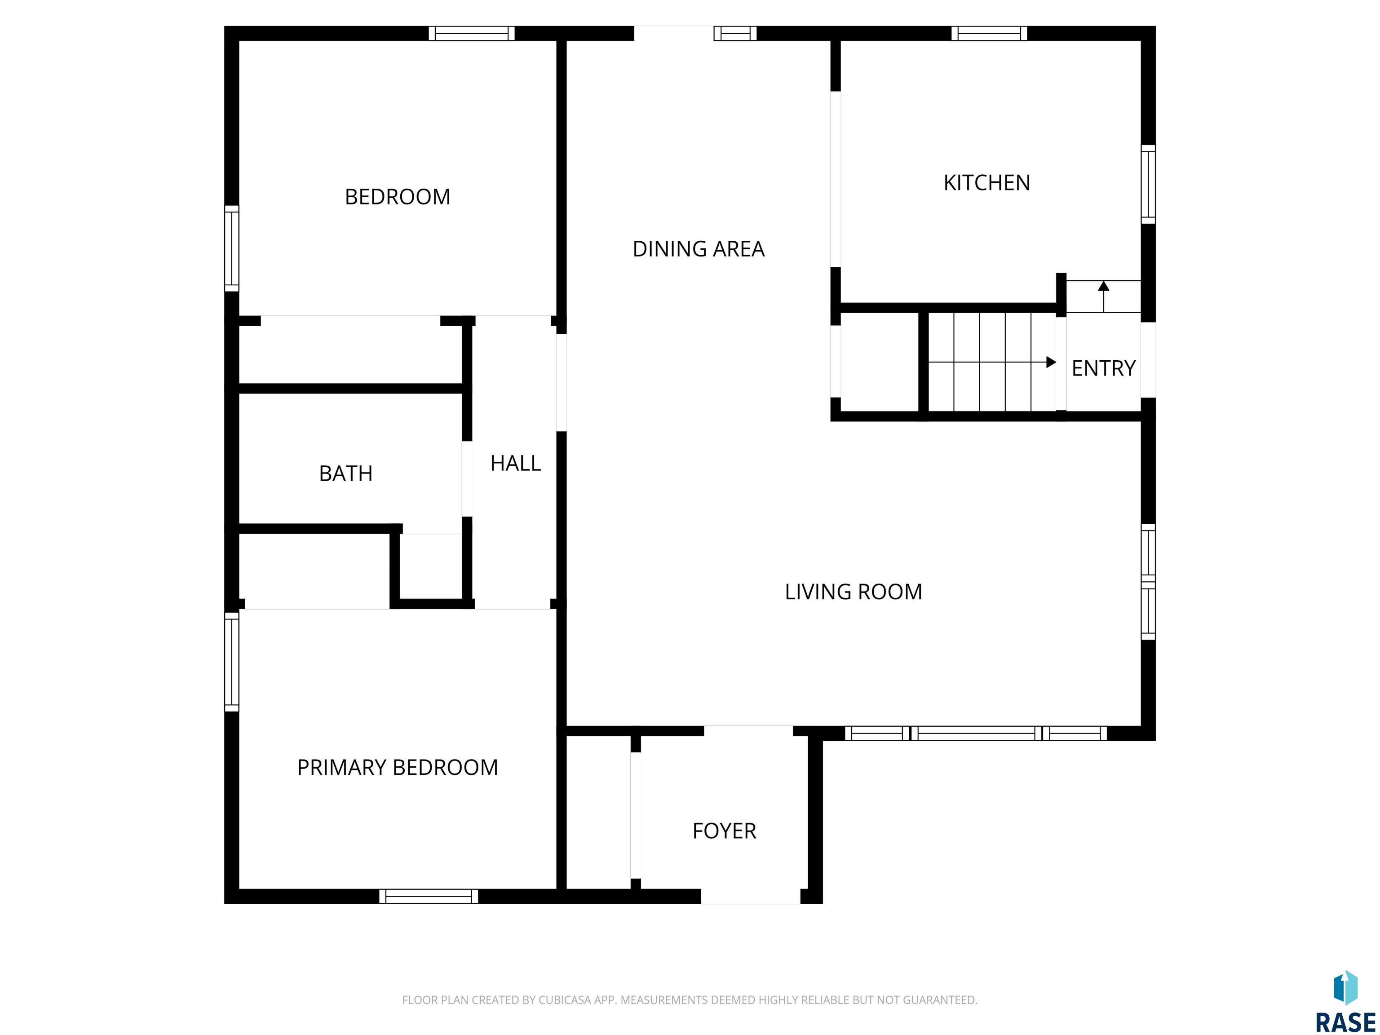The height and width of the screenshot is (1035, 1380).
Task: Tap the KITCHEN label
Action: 986,183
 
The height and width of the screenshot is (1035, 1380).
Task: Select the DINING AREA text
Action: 698,249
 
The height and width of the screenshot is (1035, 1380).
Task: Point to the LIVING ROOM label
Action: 853,592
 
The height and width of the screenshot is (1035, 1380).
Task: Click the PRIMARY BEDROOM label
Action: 398,767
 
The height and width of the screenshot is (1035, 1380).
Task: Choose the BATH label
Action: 345,473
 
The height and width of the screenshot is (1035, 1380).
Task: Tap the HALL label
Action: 515,463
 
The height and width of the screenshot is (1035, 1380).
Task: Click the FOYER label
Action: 724,831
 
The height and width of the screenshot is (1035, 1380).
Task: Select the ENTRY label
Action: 1103,368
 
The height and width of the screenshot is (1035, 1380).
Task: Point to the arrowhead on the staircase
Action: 1051,362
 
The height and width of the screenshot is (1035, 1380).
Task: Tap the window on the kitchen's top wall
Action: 989,33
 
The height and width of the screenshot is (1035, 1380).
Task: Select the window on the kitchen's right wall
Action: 1148,184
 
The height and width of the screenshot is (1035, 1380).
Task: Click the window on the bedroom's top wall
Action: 472,33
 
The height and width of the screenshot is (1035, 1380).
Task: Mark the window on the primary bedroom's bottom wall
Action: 429,897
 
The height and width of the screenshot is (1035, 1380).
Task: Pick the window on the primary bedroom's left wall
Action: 231,661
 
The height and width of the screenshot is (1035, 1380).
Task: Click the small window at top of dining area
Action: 735,33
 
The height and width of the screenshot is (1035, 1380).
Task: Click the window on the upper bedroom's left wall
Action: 231,248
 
